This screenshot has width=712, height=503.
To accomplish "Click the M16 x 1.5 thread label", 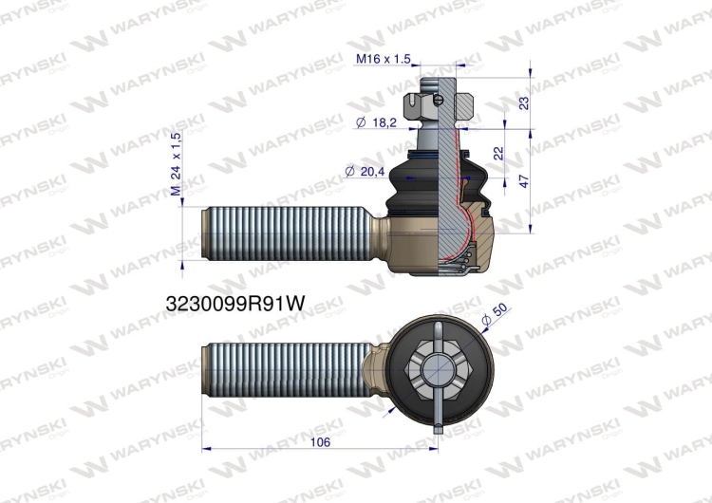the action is pos(384,59).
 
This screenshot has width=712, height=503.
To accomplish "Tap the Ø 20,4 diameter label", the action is pos(365,171).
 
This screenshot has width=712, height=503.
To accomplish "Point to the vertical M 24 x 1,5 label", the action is pos(177,164).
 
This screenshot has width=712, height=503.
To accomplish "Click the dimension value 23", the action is pos(523,102).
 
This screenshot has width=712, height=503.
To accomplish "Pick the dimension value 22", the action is pos(498,153).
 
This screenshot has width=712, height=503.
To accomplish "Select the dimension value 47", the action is pos(523,181).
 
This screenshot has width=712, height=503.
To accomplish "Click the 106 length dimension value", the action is pos(320,441).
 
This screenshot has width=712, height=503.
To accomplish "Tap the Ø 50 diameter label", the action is pos(494,315).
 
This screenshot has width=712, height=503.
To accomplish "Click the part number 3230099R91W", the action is pos(235,304).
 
